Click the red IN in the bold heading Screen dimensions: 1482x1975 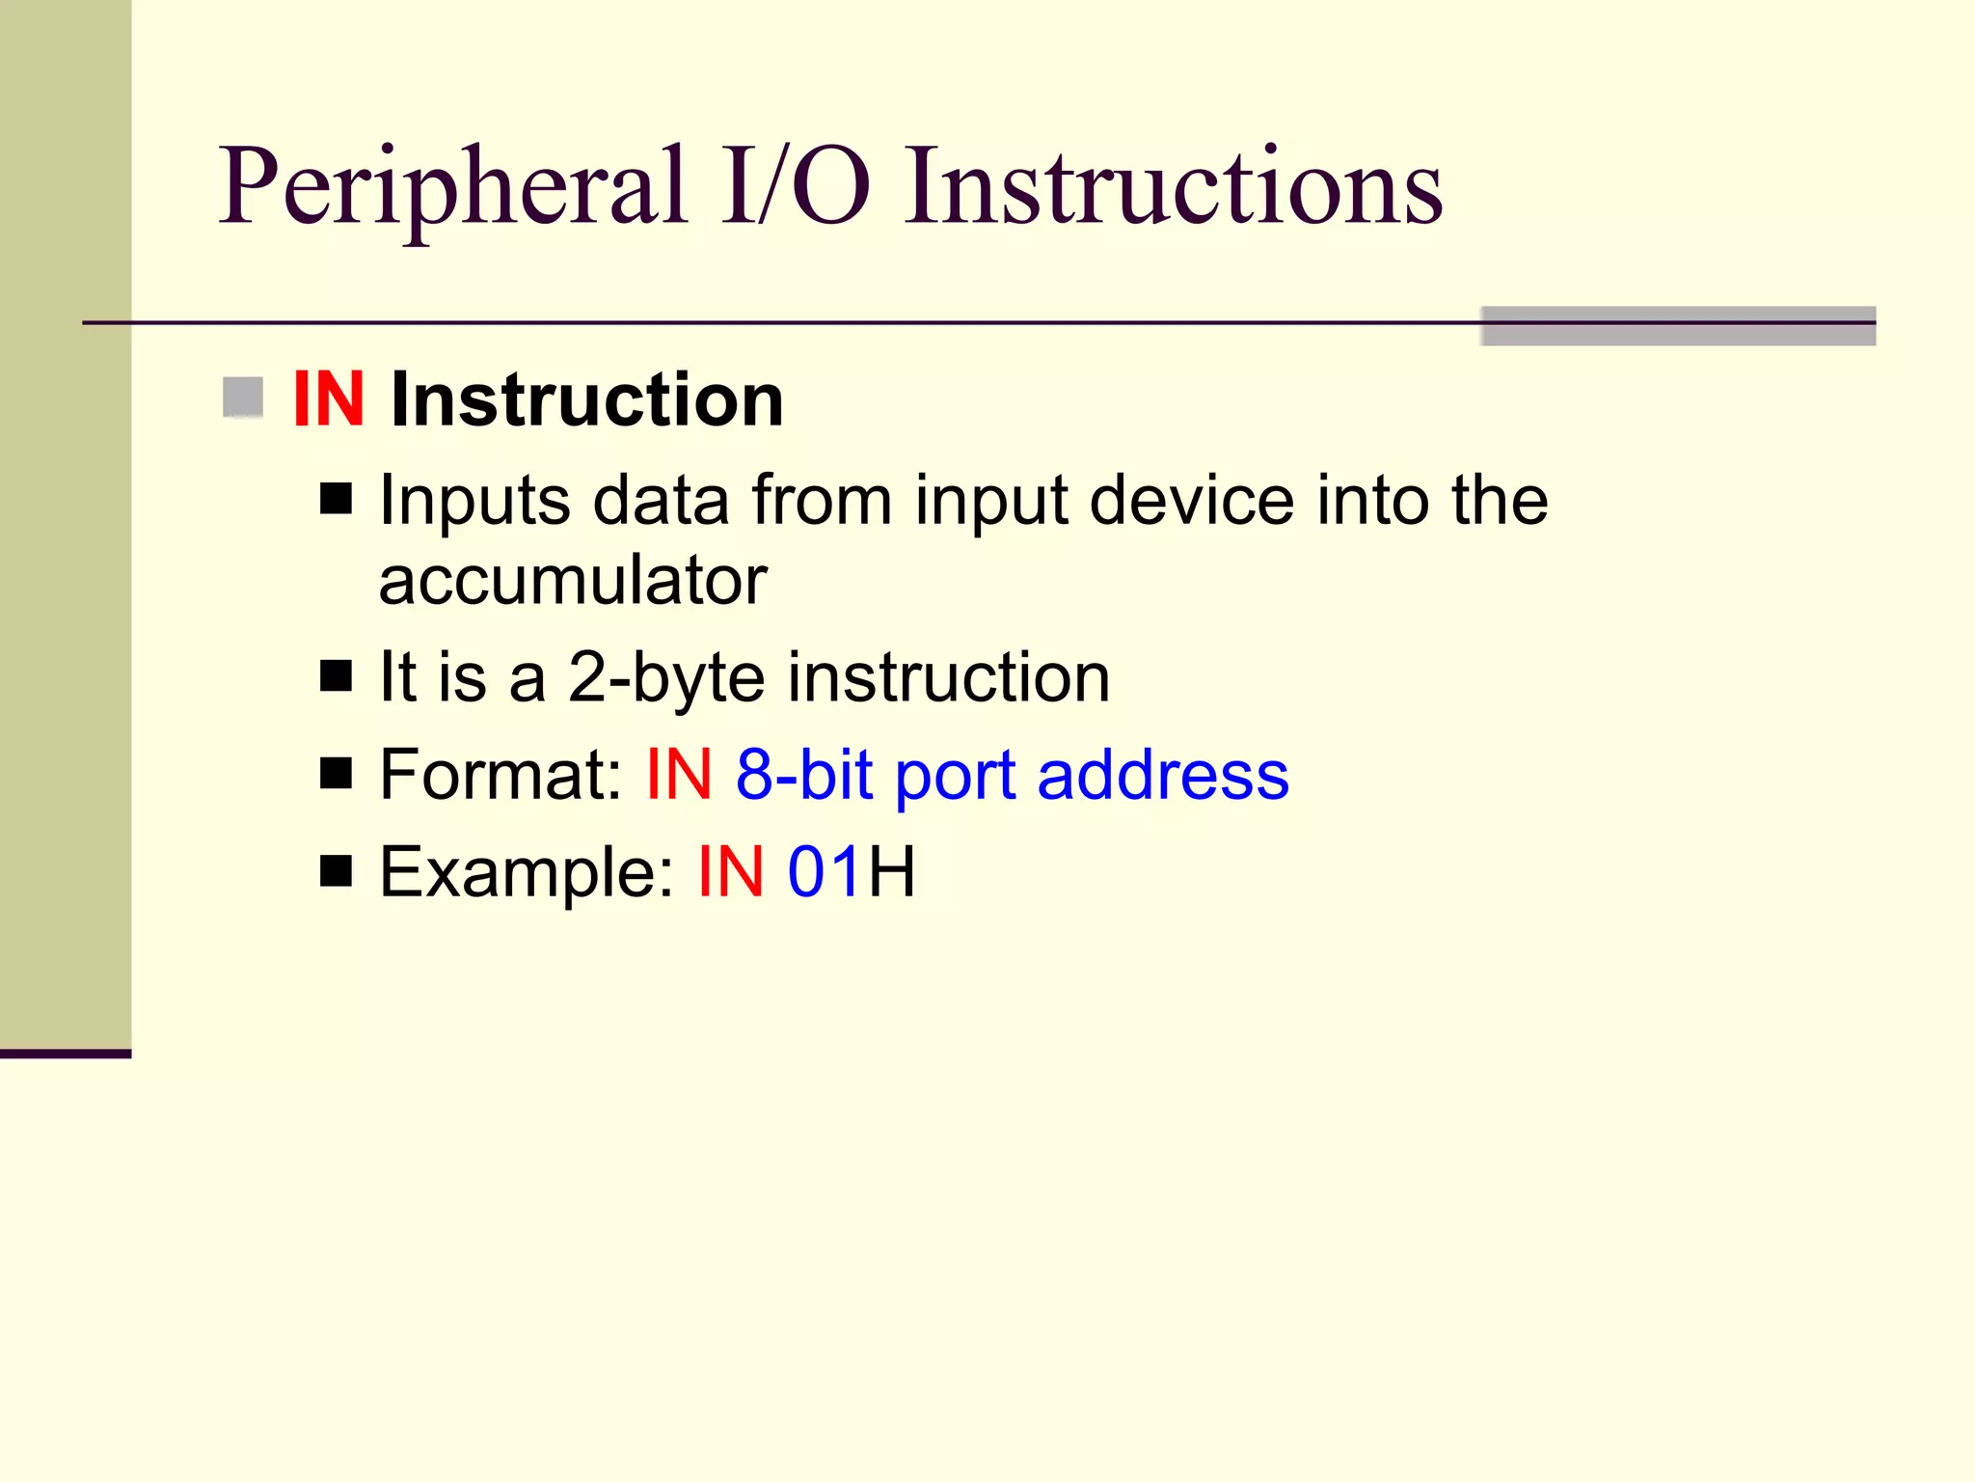tap(328, 399)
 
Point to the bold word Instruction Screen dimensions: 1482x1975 tap(586, 399)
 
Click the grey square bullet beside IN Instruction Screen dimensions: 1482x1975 tap(243, 398)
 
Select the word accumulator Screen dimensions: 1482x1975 tap(573, 581)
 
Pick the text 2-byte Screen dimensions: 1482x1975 tap(667, 677)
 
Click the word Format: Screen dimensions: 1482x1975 tap(501, 775)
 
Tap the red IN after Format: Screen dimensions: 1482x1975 tap(679, 775)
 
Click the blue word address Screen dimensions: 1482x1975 tap(1163, 775)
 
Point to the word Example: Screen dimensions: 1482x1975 tap(527, 872)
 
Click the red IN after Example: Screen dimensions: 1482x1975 tap(731, 872)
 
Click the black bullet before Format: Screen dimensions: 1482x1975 tap(336, 773)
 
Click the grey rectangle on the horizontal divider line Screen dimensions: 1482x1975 tap(1678, 326)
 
